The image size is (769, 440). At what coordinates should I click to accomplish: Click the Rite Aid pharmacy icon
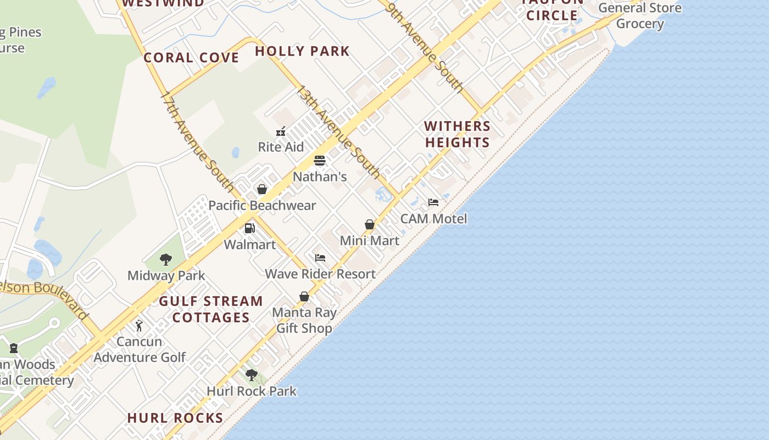pyautogui.click(x=281, y=131)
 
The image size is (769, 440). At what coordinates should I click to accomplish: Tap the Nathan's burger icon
pyautogui.click(x=320, y=161)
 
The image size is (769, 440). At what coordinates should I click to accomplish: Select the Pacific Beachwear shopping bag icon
pyautogui.click(x=262, y=189)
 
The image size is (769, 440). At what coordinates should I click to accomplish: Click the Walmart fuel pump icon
pyautogui.click(x=250, y=228)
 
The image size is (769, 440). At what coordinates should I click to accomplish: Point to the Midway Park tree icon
pyautogui.click(x=166, y=260)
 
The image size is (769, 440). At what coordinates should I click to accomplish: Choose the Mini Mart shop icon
pyautogui.click(x=370, y=224)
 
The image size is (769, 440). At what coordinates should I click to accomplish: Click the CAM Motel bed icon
pyautogui.click(x=433, y=202)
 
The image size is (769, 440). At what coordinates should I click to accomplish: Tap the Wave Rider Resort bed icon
pyautogui.click(x=320, y=258)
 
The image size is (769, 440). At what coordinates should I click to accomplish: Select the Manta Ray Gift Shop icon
pyautogui.click(x=304, y=296)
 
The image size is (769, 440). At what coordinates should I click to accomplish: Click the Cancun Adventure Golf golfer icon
pyautogui.click(x=140, y=326)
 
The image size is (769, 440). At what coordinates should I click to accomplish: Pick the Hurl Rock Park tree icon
pyautogui.click(x=252, y=375)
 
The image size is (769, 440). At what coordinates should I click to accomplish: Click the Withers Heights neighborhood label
pyautogui.click(x=457, y=134)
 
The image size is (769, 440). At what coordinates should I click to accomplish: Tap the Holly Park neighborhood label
pyautogui.click(x=302, y=51)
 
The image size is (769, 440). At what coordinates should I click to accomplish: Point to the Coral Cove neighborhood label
pyautogui.click(x=191, y=58)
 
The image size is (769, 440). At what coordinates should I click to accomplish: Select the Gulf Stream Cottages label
pyautogui.click(x=211, y=309)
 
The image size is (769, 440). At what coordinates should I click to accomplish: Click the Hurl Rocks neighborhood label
pyautogui.click(x=175, y=418)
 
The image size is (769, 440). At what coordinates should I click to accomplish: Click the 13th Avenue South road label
pyautogui.click(x=338, y=132)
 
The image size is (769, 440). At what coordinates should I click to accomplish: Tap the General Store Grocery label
pyautogui.click(x=640, y=15)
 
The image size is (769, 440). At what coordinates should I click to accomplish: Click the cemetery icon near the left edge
pyautogui.click(x=14, y=348)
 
